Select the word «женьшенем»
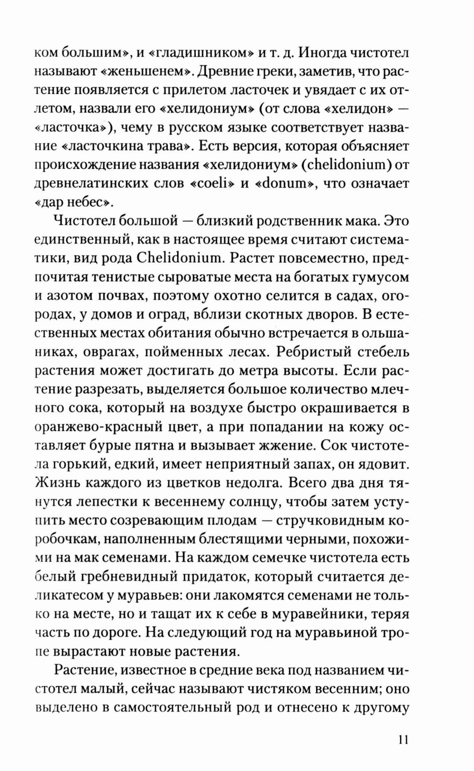point(146,71)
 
